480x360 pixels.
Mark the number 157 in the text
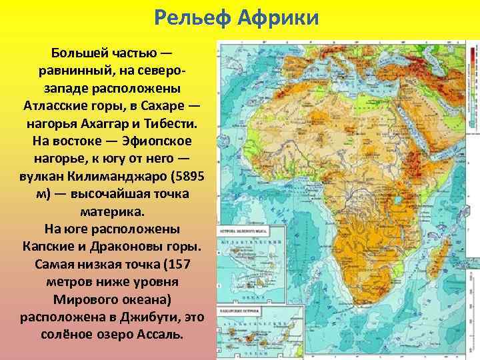173,263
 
